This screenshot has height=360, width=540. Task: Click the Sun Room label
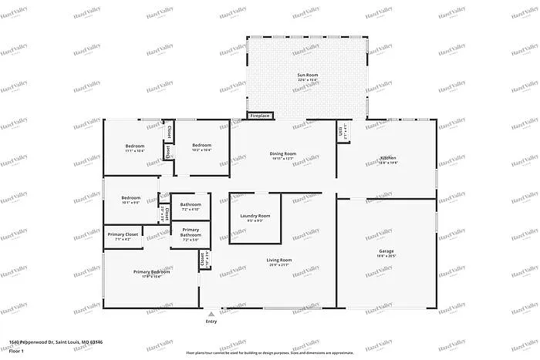308,75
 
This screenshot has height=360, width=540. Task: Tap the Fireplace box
260,116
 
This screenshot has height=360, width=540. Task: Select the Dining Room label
283,153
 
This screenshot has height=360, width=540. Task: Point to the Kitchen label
388,158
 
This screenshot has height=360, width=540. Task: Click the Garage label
386,251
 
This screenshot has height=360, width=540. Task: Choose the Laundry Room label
255,216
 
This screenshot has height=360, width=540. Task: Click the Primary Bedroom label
151,271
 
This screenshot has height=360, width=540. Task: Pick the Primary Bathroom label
191,233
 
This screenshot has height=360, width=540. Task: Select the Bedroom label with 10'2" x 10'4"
202,146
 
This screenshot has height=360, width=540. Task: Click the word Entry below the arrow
211,322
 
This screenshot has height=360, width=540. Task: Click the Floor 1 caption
18,351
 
